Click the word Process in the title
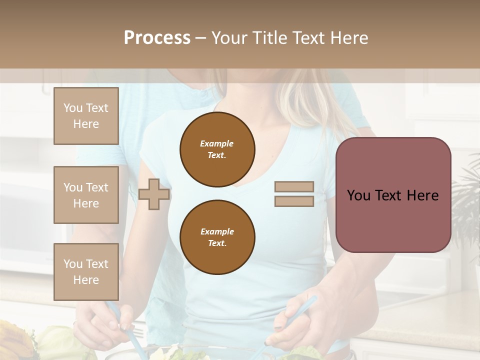tap(157, 38)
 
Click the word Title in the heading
tap(269, 38)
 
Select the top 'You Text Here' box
tap(86, 116)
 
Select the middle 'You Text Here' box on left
tap(86, 195)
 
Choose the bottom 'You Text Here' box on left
tap(86, 271)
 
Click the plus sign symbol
tap(154, 194)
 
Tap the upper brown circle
tap(217, 149)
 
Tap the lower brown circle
tap(217, 237)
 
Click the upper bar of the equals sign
tap(294, 186)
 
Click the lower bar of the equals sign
tap(294, 201)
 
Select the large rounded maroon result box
tap(393, 220)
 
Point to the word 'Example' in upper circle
tap(217, 143)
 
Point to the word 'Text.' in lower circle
tap(217, 243)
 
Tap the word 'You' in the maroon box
tap(358, 195)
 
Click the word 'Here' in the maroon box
tap(422, 195)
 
